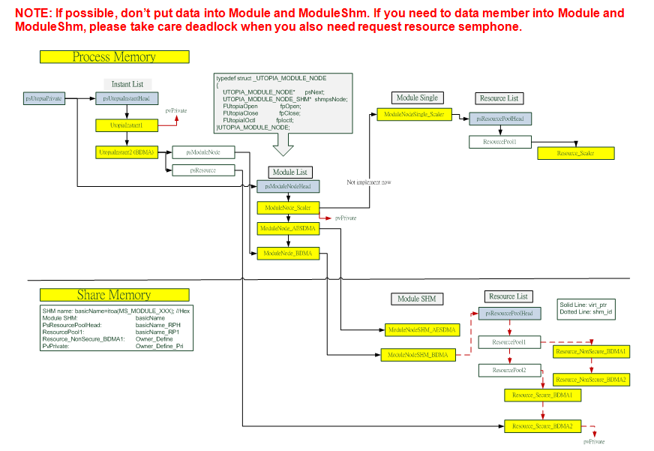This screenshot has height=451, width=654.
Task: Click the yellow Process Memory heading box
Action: [114, 57]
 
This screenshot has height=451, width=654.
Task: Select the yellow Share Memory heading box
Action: [114, 295]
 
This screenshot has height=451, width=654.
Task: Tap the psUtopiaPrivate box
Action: [43, 98]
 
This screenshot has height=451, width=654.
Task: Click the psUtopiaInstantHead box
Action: [127, 98]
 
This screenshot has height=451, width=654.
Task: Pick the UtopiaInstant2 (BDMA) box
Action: [126, 152]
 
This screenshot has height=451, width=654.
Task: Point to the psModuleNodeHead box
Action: [288, 186]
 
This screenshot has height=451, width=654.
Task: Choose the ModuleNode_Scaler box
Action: [288, 207]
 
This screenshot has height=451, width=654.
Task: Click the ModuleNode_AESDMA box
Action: [288, 227]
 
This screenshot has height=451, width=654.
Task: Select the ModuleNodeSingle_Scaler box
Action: [414, 114]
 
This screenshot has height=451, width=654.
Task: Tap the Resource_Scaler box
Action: [576, 153]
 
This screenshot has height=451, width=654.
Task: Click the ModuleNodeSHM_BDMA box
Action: [418, 355]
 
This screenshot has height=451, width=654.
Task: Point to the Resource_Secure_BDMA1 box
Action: [542, 395]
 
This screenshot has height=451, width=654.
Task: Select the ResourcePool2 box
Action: [509, 370]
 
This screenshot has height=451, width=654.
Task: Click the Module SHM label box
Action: [418, 299]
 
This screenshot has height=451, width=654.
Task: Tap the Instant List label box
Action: [127, 84]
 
